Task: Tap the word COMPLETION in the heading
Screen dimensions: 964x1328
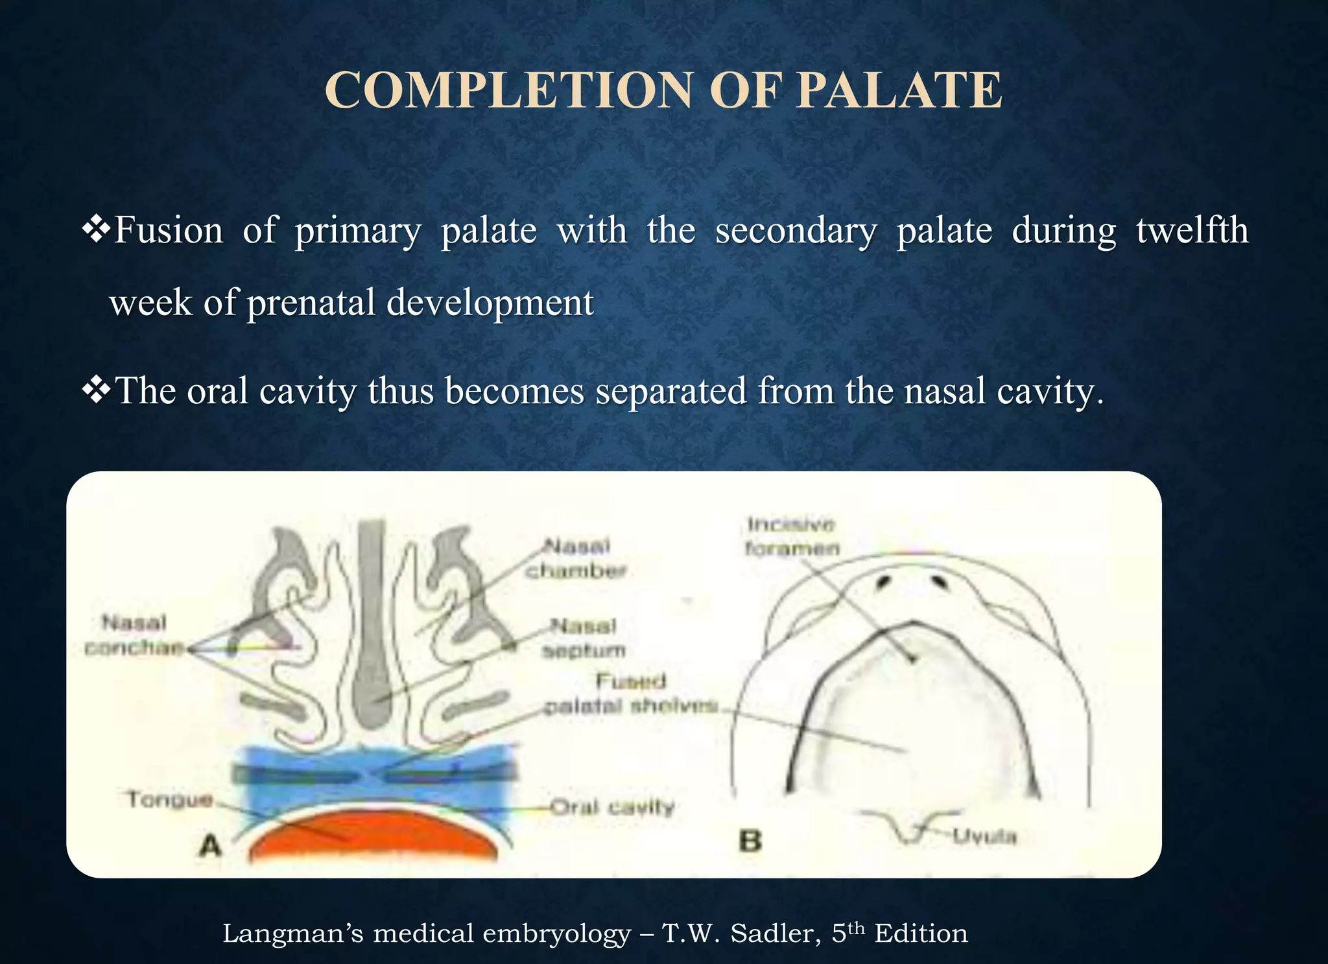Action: point(508,90)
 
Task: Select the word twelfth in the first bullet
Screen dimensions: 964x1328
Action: point(1192,230)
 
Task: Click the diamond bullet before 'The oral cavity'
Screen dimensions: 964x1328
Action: point(96,390)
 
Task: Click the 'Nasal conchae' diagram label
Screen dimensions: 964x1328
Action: point(134,635)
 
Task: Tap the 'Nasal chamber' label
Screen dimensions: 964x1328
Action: point(576,558)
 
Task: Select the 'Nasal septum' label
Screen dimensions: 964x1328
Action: point(584,638)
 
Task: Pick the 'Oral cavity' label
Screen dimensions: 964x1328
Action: point(612,807)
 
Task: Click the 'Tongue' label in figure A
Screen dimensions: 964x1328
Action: point(170,799)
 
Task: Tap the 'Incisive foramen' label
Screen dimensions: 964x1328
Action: point(792,536)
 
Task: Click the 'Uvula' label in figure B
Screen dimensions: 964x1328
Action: point(984,836)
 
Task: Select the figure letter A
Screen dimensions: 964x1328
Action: point(211,845)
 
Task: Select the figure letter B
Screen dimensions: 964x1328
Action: point(750,841)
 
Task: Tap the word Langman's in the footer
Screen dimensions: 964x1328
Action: point(292,934)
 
